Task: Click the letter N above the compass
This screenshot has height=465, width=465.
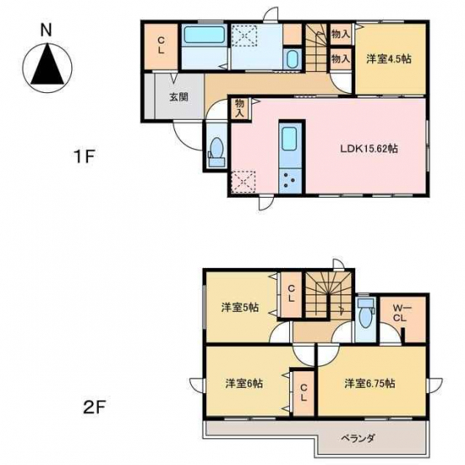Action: (46, 30)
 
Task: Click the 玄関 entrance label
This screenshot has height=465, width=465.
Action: (178, 97)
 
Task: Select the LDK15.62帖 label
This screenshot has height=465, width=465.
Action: (369, 148)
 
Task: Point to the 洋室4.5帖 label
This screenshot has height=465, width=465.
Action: (389, 59)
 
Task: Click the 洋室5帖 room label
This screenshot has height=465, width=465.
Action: (240, 307)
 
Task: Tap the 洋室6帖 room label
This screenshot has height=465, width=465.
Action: (244, 384)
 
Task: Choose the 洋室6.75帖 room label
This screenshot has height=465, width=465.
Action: (369, 384)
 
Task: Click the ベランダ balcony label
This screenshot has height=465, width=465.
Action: (358, 438)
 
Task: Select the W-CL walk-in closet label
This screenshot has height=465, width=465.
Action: (400, 313)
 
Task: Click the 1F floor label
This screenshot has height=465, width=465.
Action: (85, 157)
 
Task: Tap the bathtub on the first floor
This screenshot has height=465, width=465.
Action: (204, 34)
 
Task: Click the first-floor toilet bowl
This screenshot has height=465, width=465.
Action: (217, 147)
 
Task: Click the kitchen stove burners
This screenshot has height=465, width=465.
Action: (290, 180)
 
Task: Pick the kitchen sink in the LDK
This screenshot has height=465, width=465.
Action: (289, 139)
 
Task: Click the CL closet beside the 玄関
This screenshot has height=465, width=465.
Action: (161, 46)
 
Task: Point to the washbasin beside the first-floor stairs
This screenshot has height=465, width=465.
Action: (292, 59)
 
